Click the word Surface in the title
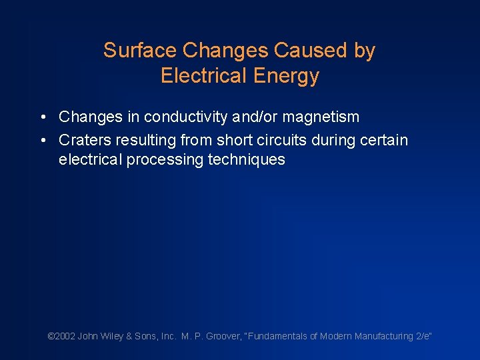[139, 51]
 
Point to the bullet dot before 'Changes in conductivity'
[42, 117]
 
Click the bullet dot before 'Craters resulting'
[42, 141]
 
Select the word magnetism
[323, 117]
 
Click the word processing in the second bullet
[171, 160]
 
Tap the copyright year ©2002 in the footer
[61, 337]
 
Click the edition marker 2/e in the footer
[423, 337]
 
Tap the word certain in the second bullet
[384, 140]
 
